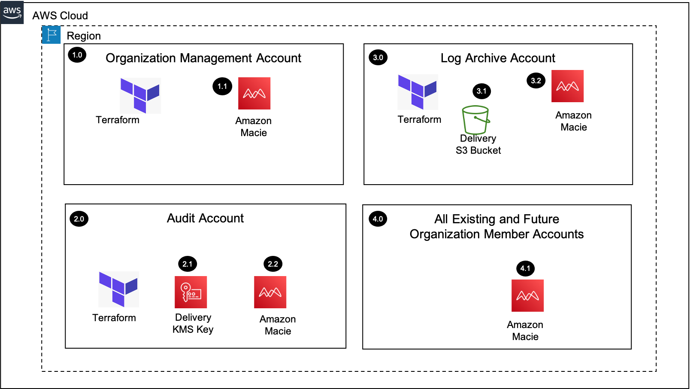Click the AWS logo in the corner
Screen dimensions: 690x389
click(12, 12)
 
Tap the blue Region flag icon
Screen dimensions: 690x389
click(51, 35)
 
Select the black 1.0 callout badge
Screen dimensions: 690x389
click(77, 55)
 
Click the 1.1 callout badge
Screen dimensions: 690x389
click(222, 86)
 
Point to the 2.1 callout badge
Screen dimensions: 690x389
click(188, 264)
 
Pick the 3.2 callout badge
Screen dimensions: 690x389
click(536, 80)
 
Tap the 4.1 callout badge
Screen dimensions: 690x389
click(526, 268)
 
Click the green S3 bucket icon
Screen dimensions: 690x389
click(476, 119)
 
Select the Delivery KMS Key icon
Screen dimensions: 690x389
click(191, 292)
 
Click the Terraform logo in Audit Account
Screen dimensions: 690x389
click(118, 289)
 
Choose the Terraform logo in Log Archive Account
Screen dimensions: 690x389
click(418, 92)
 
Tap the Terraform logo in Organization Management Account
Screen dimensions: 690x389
click(140, 96)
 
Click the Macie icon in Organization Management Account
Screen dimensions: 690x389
click(254, 94)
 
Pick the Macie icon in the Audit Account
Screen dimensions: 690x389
click(270, 292)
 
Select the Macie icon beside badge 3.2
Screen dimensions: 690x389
click(567, 86)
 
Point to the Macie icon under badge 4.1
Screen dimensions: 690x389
click(528, 295)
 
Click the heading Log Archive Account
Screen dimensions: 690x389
click(498, 58)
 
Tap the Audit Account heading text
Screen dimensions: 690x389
click(205, 218)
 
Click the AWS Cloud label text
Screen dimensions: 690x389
click(60, 15)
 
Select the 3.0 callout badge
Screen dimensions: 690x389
click(378, 58)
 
